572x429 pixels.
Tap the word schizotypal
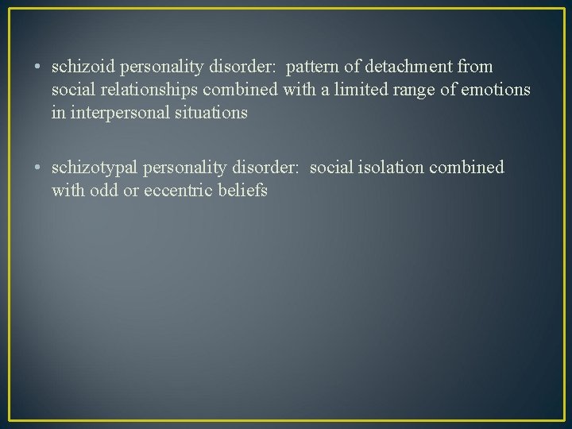[93, 168]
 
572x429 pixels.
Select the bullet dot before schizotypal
[39, 168]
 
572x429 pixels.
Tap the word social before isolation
[330, 168]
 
